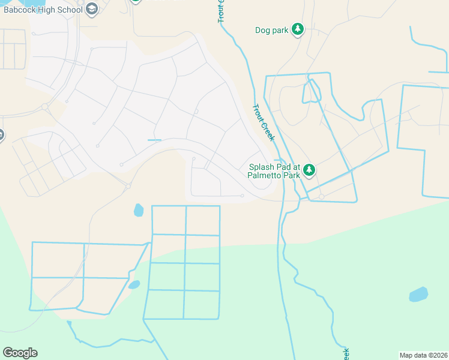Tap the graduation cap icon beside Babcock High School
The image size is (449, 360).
pos(91,8)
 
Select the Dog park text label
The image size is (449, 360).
pos(272,29)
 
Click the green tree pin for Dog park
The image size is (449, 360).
pos(297,29)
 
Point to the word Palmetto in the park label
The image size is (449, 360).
pos(268,176)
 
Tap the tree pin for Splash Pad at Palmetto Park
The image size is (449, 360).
pos(309,170)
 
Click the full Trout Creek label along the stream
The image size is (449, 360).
pos(264,122)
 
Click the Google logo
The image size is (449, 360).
pos(20,353)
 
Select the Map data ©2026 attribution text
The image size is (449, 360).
pos(423,355)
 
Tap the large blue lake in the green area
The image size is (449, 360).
pos(418,295)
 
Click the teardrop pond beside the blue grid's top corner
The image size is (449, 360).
pos(139,210)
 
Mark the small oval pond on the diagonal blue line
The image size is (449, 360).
pos(134,284)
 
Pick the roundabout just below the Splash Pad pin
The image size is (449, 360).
pos(322,197)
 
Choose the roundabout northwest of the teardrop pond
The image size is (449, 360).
pos(128,187)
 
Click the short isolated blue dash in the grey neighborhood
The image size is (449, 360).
pos(154,140)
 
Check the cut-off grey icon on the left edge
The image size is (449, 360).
pos(1,135)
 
